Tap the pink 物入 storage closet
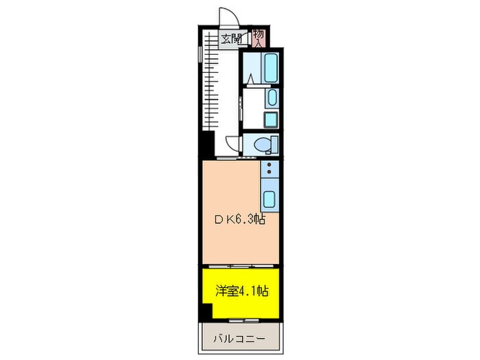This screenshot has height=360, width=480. [x=258, y=37]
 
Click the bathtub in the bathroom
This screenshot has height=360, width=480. [x=271, y=68]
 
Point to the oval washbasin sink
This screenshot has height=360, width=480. [x=272, y=98]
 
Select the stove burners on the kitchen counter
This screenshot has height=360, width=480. [x=270, y=169]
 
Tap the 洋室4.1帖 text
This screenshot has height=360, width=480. [x=241, y=291]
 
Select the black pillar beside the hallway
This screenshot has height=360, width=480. [x=204, y=146]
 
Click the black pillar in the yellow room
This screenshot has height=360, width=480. [x=206, y=311]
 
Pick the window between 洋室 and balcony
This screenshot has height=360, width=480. [x=244, y=320]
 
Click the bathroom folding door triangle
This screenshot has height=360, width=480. [x=251, y=78]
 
